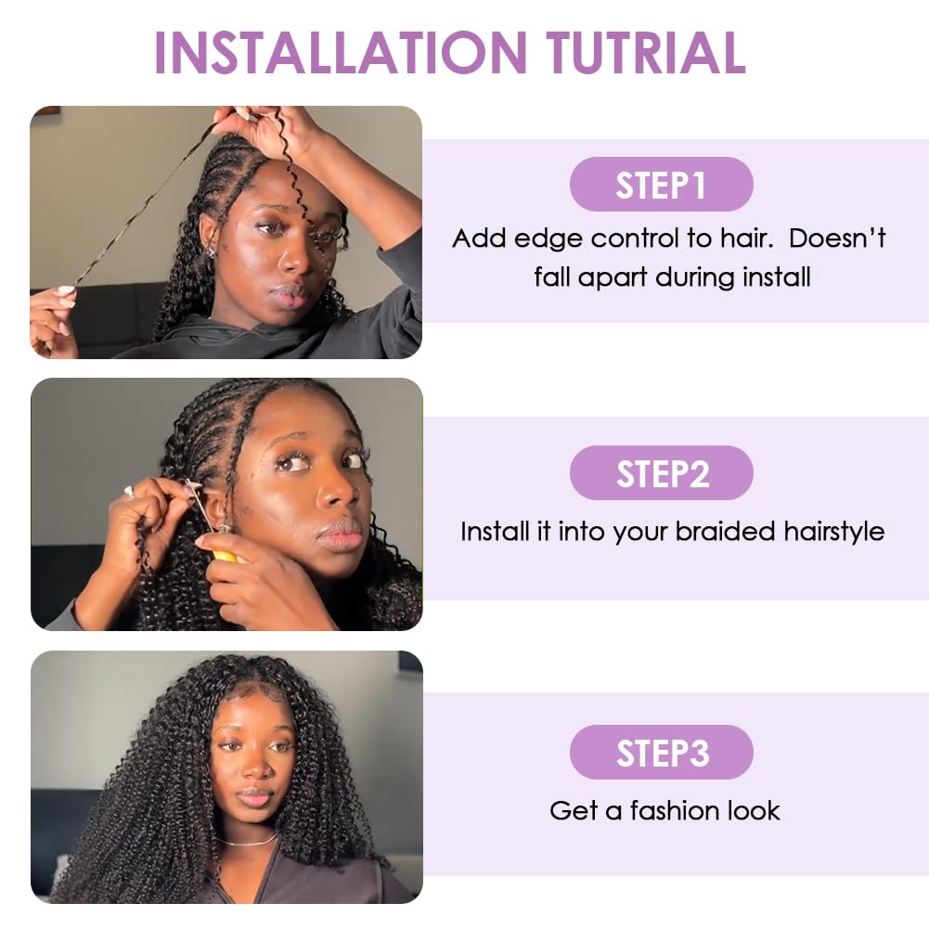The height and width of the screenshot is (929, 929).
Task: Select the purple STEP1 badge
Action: point(661,185)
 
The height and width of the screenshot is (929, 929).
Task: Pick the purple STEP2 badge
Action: point(661,473)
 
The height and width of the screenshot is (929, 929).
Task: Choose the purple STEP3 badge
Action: point(661,753)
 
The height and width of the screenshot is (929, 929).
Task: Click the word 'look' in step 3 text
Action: point(754,810)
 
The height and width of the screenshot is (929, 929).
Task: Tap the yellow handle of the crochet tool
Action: point(226,556)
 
